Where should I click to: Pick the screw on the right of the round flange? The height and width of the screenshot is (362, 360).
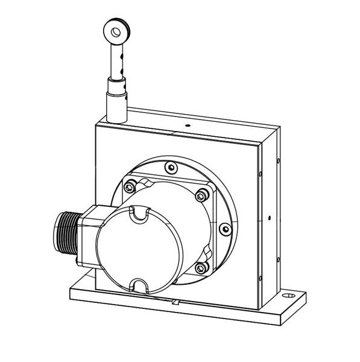click(225, 229)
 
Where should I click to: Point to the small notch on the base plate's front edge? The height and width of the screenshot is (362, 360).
click(175, 300)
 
